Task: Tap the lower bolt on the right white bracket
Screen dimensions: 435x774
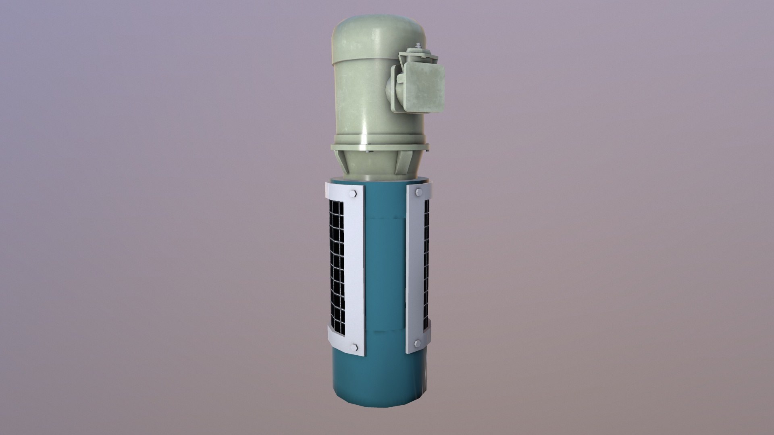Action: click(x=417, y=343)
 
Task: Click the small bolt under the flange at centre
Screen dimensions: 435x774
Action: click(x=368, y=152)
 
